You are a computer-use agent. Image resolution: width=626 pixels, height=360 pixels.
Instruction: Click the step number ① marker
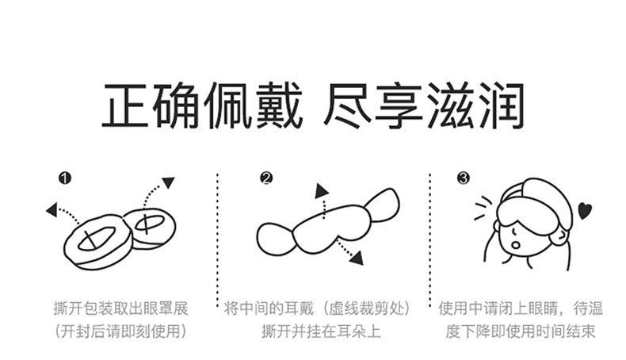tap(65, 178)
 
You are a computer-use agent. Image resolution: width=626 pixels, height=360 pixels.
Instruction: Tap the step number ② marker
tap(266, 178)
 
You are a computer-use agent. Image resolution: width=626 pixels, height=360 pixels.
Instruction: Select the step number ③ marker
tap(464, 178)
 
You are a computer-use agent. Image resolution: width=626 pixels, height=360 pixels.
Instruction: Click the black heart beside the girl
tap(585, 211)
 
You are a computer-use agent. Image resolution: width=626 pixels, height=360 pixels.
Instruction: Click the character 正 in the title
tap(126, 106)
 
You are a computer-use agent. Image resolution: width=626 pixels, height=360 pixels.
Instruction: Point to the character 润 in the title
tap(499, 106)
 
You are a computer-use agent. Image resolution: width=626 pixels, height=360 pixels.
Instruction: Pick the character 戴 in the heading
tap(279, 106)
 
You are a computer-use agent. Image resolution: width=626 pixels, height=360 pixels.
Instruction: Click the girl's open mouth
tap(515, 244)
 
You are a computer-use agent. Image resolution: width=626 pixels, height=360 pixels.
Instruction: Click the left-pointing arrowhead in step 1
tap(52, 210)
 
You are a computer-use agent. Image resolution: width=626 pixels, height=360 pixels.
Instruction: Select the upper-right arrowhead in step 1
tap(169, 182)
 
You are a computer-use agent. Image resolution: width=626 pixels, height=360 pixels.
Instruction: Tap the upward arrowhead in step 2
tap(321, 191)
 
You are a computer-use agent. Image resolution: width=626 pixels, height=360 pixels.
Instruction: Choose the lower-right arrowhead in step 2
tap(357, 259)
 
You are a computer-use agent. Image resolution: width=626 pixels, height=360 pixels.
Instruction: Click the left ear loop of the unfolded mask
tap(276, 239)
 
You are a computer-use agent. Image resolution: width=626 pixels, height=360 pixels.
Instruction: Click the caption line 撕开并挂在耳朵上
tap(322, 331)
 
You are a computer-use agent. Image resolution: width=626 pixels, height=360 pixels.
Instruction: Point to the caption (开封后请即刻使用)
tap(120, 331)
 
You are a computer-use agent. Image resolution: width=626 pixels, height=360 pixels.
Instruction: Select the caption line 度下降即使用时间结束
tap(520, 331)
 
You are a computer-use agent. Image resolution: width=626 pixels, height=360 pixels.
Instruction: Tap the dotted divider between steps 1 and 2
tap(218, 239)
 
